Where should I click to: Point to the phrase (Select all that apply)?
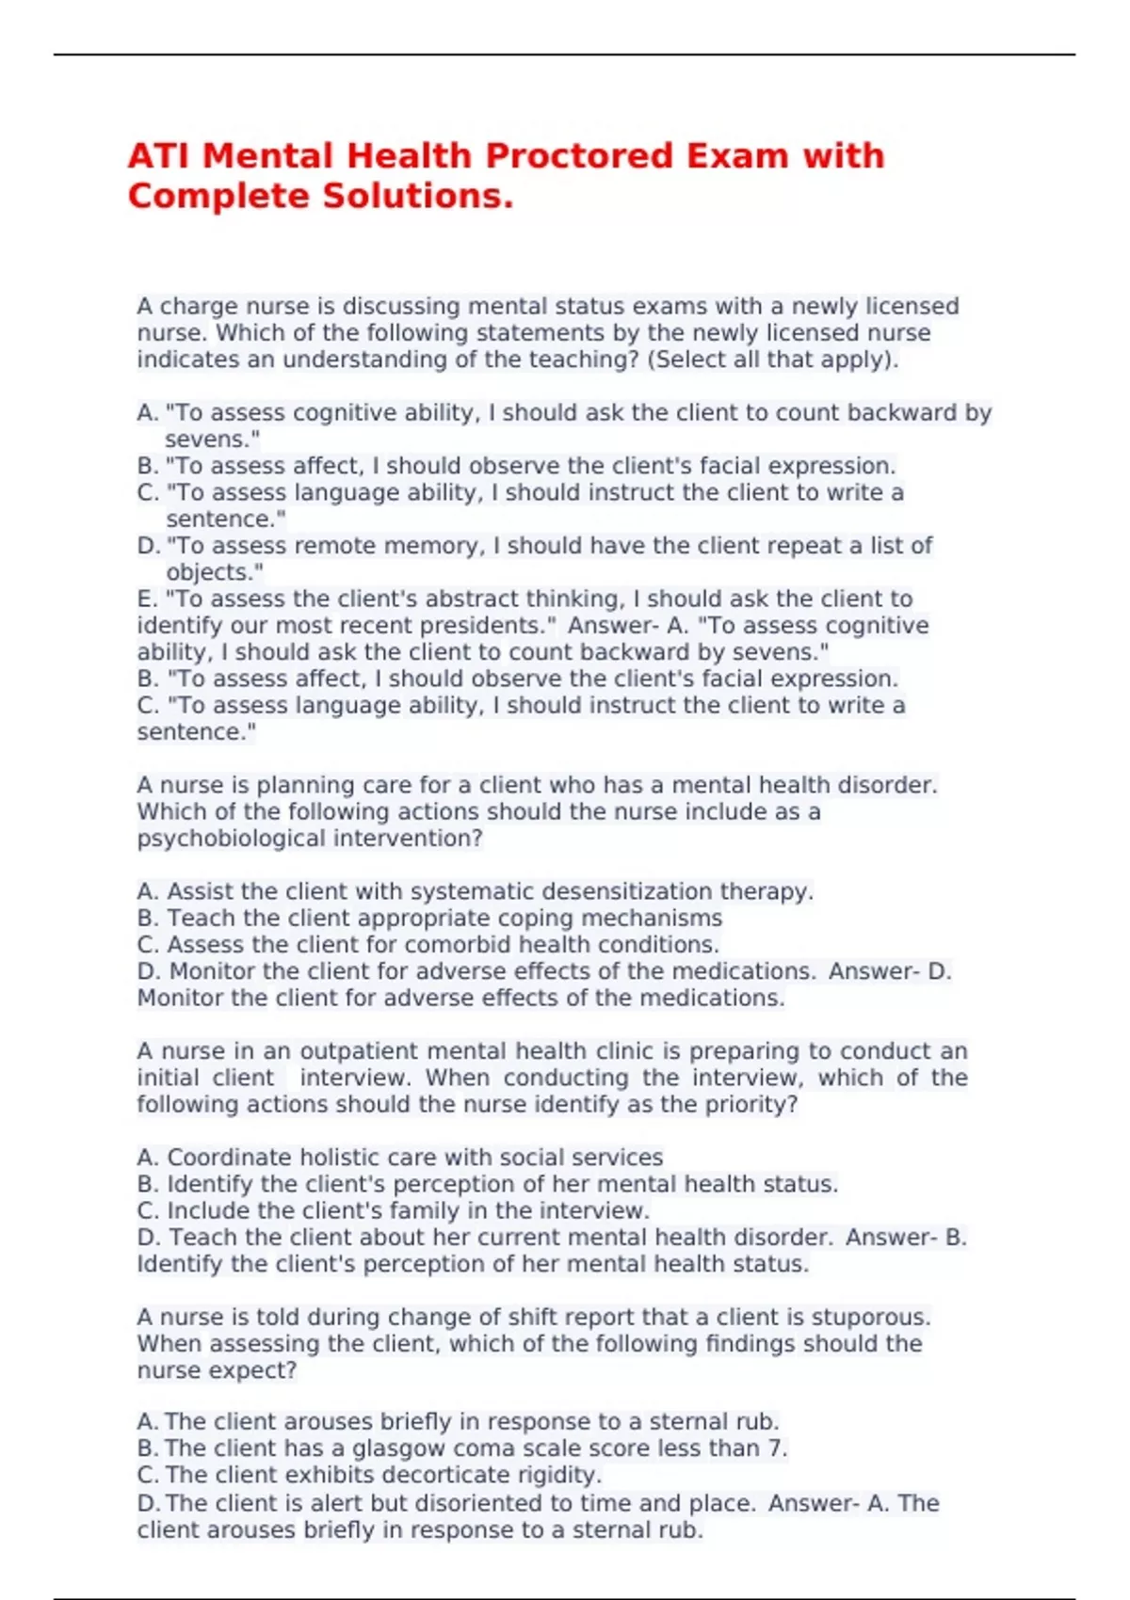tap(772, 360)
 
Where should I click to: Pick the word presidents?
tap(488, 626)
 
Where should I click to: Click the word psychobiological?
tap(218, 839)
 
